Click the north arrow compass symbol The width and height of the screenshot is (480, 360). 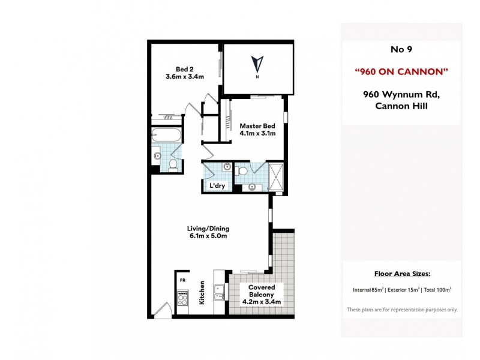[257, 63]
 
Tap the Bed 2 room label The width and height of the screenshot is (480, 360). [185, 68]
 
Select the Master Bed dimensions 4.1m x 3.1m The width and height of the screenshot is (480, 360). [257, 134]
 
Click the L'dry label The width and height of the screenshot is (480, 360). [217, 186]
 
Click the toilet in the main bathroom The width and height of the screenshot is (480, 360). [173, 164]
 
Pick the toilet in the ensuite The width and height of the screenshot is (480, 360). [242, 172]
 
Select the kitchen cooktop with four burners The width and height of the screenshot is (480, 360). [183, 298]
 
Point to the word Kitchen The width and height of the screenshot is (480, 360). [203, 293]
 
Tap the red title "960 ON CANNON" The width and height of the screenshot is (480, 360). [401, 72]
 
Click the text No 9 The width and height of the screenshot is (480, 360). [401, 50]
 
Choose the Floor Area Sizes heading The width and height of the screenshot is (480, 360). [402, 274]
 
